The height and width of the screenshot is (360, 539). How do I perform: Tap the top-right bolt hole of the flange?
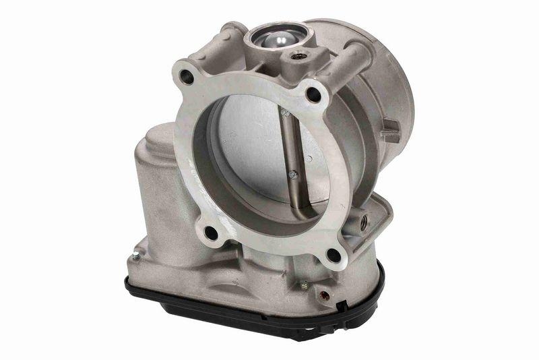pyautogui.click(x=312, y=93)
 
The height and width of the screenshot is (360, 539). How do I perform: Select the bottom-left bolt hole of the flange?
pyautogui.click(x=212, y=233)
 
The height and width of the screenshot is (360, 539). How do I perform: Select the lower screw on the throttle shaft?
pyautogui.click(x=293, y=175)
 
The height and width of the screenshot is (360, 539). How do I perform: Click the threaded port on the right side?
pyautogui.click(x=364, y=220)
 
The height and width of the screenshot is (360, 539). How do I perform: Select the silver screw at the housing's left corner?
pyautogui.click(x=136, y=254)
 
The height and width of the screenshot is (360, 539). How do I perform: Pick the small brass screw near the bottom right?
pyautogui.click(x=304, y=285)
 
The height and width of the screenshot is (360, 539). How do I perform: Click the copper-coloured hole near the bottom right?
pyautogui.click(x=325, y=295)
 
